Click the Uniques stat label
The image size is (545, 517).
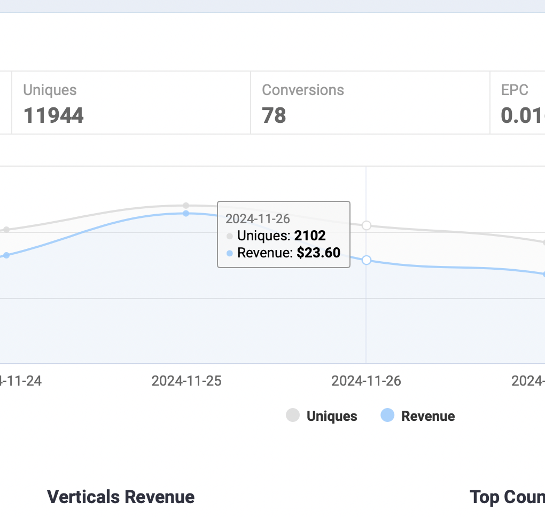click(50, 90)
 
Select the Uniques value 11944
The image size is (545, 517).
click(53, 115)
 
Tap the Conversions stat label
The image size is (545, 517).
click(302, 90)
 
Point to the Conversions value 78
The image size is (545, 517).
click(274, 115)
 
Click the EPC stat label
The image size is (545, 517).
click(515, 90)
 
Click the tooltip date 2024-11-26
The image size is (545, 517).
click(258, 218)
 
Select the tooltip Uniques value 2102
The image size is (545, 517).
click(310, 236)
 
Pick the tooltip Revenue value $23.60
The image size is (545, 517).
click(318, 253)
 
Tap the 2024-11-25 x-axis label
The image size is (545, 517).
click(186, 381)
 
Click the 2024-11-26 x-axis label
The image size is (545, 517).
click(366, 381)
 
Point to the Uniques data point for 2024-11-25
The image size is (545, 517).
click(186, 206)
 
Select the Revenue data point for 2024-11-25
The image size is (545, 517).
click(186, 213)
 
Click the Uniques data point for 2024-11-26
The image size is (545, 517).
click(367, 225)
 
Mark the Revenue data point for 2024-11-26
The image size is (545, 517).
click(367, 260)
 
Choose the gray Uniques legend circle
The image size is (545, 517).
click(293, 415)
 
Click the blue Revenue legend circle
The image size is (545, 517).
click(387, 415)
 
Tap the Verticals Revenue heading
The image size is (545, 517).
click(121, 497)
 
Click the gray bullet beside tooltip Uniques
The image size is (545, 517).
click(230, 236)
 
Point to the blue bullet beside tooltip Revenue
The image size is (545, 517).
click(230, 253)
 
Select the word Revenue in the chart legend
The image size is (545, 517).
click(428, 416)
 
